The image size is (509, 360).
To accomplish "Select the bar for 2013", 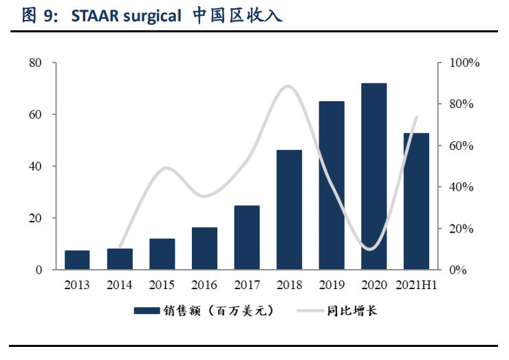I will click(77, 260).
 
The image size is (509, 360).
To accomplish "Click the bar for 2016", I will click(204, 248).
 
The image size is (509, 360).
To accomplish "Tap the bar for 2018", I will click(289, 209).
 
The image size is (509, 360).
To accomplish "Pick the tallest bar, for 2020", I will click(373, 176).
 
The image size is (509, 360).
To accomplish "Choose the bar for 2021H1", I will click(416, 201).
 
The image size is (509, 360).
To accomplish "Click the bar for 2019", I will click(332, 185).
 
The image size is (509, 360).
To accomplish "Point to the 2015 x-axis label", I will click(162, 284).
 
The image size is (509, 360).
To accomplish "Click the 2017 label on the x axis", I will click(247, 284).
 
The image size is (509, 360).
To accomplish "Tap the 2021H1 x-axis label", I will click(416, 284).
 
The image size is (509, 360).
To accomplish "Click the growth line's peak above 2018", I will click(289, 86).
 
